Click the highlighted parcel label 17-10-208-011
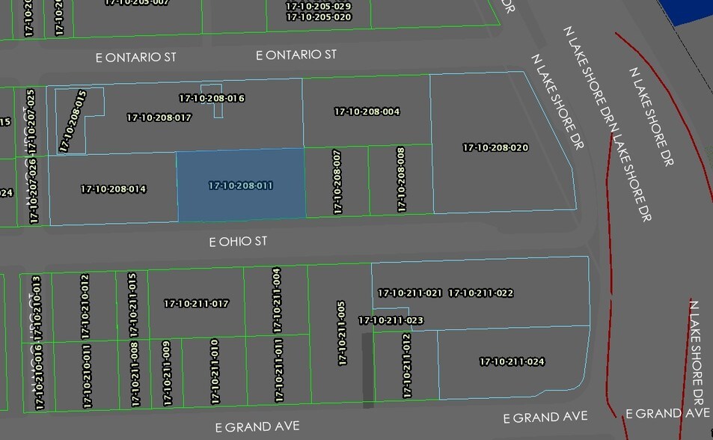click(240, 185)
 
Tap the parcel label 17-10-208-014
click(113, 189)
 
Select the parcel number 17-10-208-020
click(495, 148)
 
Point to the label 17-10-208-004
click(367, 111)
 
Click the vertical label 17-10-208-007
click(337, 182)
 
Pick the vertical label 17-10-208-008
click(401, 180)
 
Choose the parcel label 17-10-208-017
click(159, 117)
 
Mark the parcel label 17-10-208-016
click(212, 98)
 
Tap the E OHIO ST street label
click(238, 242)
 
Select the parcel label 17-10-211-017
click(196, 304)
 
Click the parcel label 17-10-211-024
click(512, 362)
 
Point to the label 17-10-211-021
click(409, 293)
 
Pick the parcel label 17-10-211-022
click(480, 293)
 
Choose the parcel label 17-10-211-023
click(391, 320)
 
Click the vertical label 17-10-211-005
click(342, 333)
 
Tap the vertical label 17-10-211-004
click(277, 300)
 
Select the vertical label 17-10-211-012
click(406, 365)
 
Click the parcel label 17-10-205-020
click(319, 16)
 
